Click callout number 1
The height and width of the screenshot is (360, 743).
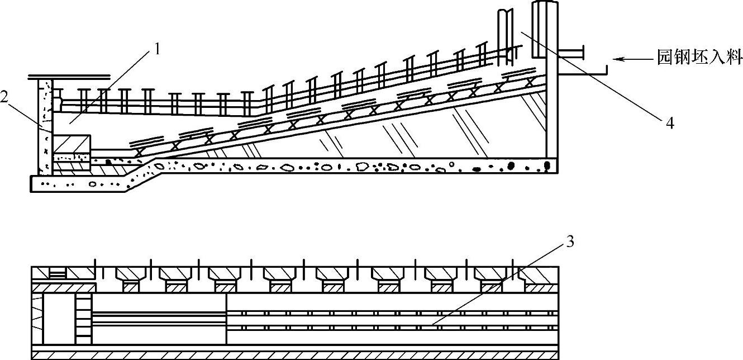point(157,49)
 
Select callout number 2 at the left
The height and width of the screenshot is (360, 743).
point(4,97)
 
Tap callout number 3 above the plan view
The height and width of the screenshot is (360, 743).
point(569,241)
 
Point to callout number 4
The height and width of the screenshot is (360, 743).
point(669,123)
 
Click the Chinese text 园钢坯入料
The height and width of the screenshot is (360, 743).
point(699,58)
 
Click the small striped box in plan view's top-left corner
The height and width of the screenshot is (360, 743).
point(58,273)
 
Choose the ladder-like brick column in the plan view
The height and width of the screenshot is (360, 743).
point(83,319)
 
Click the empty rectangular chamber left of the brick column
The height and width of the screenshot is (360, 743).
point(59,319)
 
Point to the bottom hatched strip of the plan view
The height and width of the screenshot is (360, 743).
point(295,354)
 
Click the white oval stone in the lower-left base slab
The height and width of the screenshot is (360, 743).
point(93,183)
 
